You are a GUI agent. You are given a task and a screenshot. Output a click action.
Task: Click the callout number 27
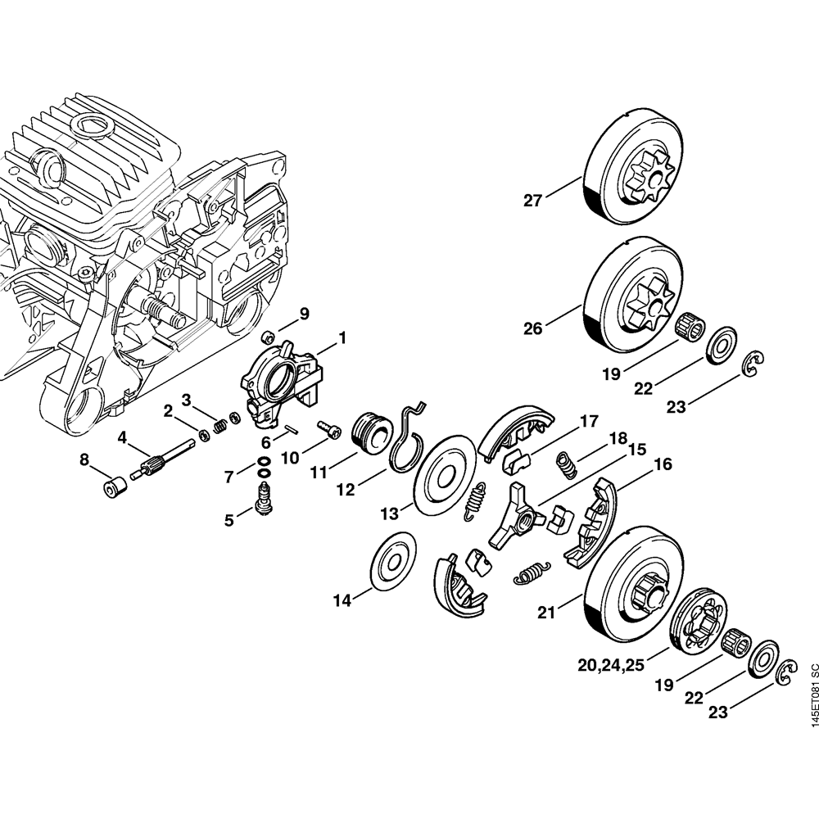click(533, 200)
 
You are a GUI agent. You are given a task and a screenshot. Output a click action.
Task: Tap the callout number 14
click(342, 600)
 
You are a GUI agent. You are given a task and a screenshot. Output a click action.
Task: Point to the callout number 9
click(304, 313)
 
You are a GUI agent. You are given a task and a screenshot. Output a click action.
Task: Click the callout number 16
click(663, 464)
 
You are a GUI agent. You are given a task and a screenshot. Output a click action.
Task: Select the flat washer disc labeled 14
click(391, 562)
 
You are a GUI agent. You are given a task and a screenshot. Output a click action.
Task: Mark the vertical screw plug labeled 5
click(265, 497)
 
